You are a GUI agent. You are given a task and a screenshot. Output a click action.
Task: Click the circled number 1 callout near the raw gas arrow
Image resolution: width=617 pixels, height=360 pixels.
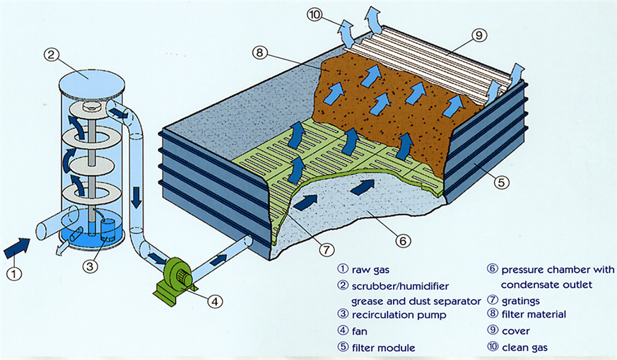15,273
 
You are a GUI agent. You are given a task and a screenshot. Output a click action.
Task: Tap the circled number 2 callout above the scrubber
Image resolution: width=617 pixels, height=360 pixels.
51,54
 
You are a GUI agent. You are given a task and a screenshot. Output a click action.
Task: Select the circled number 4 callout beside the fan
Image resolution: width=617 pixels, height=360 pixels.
215,302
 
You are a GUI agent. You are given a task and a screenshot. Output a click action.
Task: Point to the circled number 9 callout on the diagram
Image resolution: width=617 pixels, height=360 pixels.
479,35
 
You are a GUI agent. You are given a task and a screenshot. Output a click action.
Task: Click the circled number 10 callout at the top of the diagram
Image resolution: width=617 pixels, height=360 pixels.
315,15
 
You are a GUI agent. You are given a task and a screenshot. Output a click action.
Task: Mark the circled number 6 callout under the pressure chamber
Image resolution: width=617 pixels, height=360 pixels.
403,240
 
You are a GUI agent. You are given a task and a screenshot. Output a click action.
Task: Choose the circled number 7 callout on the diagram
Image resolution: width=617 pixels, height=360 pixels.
327,250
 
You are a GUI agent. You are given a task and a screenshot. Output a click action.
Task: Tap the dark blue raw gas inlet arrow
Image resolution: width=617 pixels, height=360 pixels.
16,248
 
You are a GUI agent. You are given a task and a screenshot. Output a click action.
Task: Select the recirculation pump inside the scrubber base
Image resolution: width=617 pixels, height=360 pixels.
107,230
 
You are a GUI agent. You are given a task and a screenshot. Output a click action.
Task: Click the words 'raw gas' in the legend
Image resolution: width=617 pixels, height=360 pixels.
370,269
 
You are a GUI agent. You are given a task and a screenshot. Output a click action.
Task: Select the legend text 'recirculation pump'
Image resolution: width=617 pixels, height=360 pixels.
399,315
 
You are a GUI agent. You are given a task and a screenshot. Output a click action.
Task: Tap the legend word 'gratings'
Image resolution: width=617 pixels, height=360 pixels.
521,301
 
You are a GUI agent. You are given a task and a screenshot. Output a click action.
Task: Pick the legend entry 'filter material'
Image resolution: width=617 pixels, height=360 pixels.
534,314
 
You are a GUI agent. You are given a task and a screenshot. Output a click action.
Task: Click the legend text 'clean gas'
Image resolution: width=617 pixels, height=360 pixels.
524,347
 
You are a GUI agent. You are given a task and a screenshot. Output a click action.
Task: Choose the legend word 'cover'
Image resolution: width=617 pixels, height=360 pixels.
515,331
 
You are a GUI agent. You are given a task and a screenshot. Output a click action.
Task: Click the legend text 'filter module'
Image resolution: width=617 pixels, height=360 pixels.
383,348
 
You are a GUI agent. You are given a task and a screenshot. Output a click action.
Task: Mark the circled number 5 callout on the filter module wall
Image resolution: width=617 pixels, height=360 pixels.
501,182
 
